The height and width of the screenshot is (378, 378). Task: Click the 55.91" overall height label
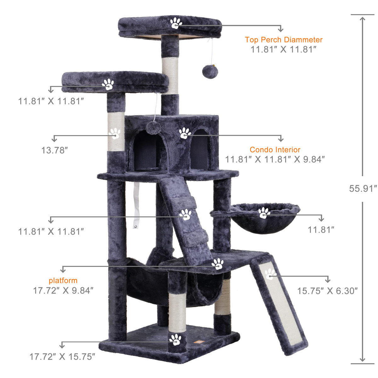[363, 188]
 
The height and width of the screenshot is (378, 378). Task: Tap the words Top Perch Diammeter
[283, 40]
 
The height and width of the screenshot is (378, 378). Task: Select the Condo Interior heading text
[275, 150]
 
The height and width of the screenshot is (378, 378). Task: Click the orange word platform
[63, 281]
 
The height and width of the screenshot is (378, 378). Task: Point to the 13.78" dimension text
[54, 151]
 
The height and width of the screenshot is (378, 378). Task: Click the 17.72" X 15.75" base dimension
[62, 357]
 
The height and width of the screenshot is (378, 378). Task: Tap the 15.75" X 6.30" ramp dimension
[327, 291]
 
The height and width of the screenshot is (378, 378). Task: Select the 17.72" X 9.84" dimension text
[63, 291]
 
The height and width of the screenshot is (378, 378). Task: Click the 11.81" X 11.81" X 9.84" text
[275, 159]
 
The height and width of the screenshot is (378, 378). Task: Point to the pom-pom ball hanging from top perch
[210, 72]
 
